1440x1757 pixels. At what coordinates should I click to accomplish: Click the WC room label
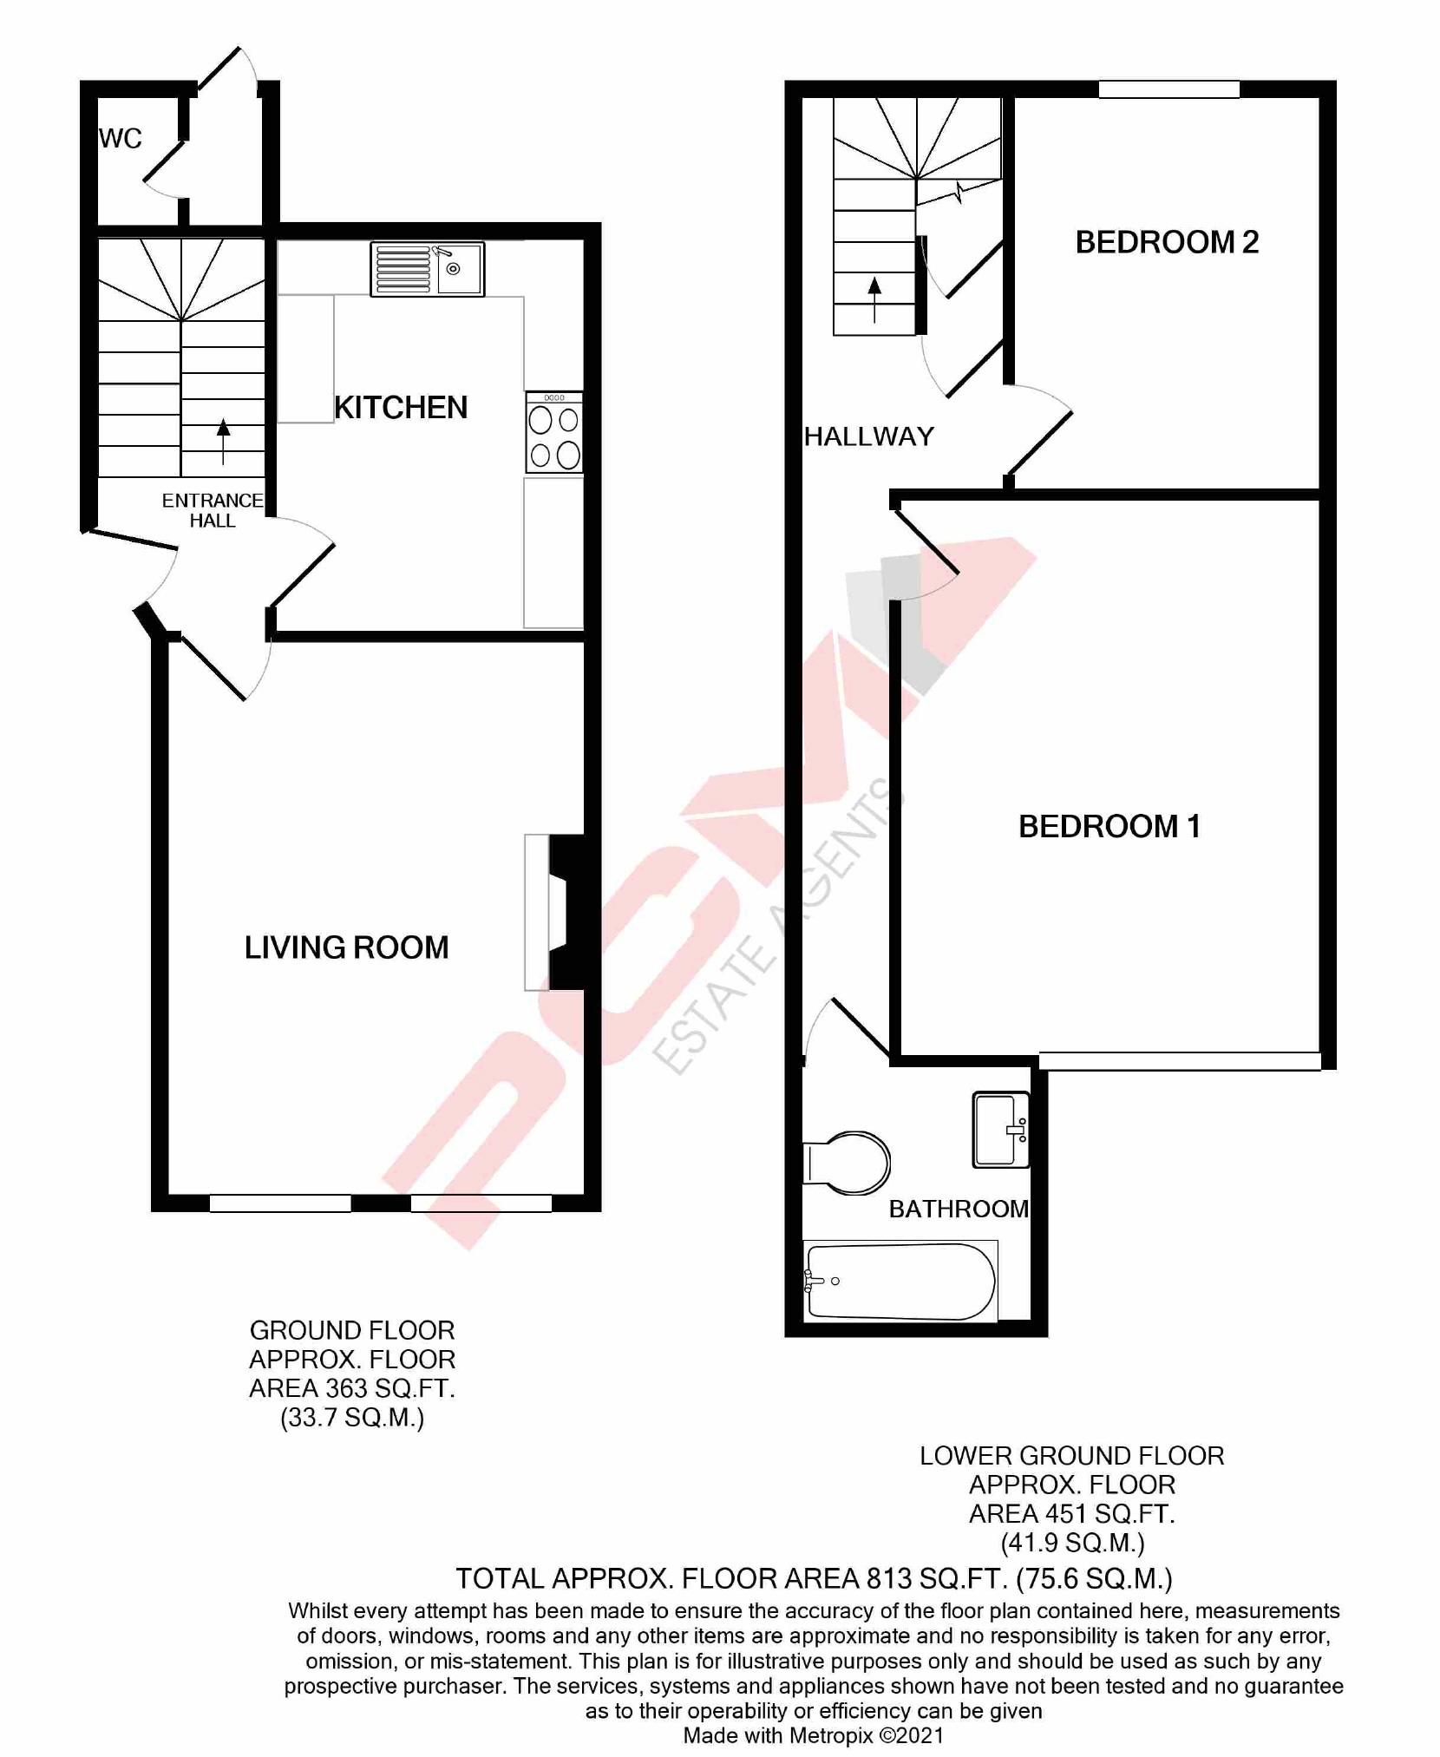(120, 139)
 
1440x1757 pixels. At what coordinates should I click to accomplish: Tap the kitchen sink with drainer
(427, 269)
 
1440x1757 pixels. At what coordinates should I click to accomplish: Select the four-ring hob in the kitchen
(554, 433)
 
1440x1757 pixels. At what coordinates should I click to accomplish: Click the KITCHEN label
(401, 408)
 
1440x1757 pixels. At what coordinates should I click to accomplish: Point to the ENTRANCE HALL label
(213, 511)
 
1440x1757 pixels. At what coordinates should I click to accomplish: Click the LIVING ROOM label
(346, 947)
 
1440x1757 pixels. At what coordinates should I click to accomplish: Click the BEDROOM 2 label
(1167, 242)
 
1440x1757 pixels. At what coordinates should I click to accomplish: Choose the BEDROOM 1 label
(1109, 827)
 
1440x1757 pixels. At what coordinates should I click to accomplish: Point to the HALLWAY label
(868, 436)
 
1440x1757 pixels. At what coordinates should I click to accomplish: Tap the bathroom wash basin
(1001, 1130)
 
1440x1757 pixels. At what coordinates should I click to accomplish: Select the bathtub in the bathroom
(900, 1282)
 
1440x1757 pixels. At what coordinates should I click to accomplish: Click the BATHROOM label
(959, 1209)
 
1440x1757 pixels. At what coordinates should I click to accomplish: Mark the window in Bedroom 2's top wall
(1168, 89)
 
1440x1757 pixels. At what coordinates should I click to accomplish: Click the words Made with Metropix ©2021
(813, 1735)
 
